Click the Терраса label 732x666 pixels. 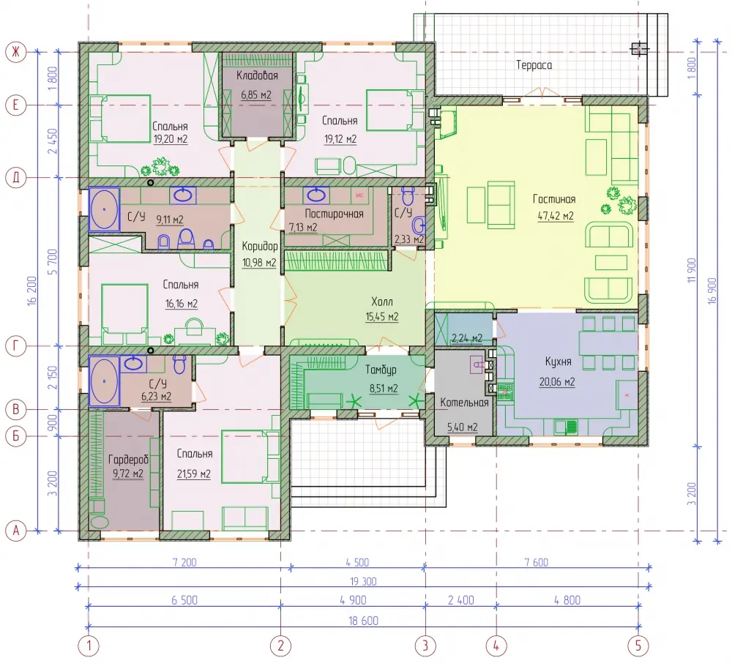click(x=534, y=65)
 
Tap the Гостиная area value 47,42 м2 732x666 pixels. click(x=556, y=216)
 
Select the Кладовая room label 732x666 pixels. click(x=257, y=75)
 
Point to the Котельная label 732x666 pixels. click(x=464, y=403)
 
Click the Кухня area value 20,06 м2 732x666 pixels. click(x=557, y=382)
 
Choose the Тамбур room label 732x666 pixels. click(x=381, y=370)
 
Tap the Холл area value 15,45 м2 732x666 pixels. click(x=382, y=317)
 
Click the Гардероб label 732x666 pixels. click(x=128, y=460)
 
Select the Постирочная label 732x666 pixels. click(x=334, y=214)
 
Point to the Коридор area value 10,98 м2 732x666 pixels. click(x=259, y=263)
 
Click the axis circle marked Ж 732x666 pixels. click(x=16, y=52)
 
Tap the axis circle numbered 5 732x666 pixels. click(x=638, y=646)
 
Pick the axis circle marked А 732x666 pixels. click(x=16, y=531)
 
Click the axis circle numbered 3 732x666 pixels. click(x=425, y=646)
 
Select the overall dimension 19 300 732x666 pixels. click(x=363, y=582)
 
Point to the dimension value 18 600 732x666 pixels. click(x=363, y=621)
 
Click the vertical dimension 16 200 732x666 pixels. click(x=31, y=291)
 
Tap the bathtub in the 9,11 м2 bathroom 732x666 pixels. click(x=104, y=209)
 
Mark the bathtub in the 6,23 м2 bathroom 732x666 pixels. click(x=104, y=381)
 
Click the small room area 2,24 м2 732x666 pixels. click(x=467, y=338)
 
